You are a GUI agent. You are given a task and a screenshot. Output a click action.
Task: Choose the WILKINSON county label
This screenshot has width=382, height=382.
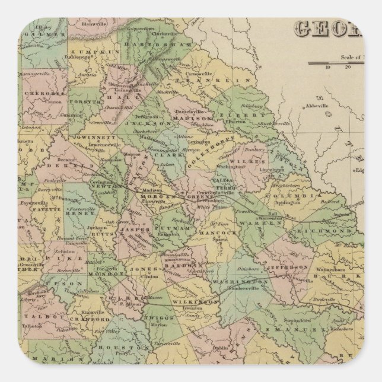tap(198, 302)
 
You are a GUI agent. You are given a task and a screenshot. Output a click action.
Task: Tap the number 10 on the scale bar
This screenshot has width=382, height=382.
tap(327, 66)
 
